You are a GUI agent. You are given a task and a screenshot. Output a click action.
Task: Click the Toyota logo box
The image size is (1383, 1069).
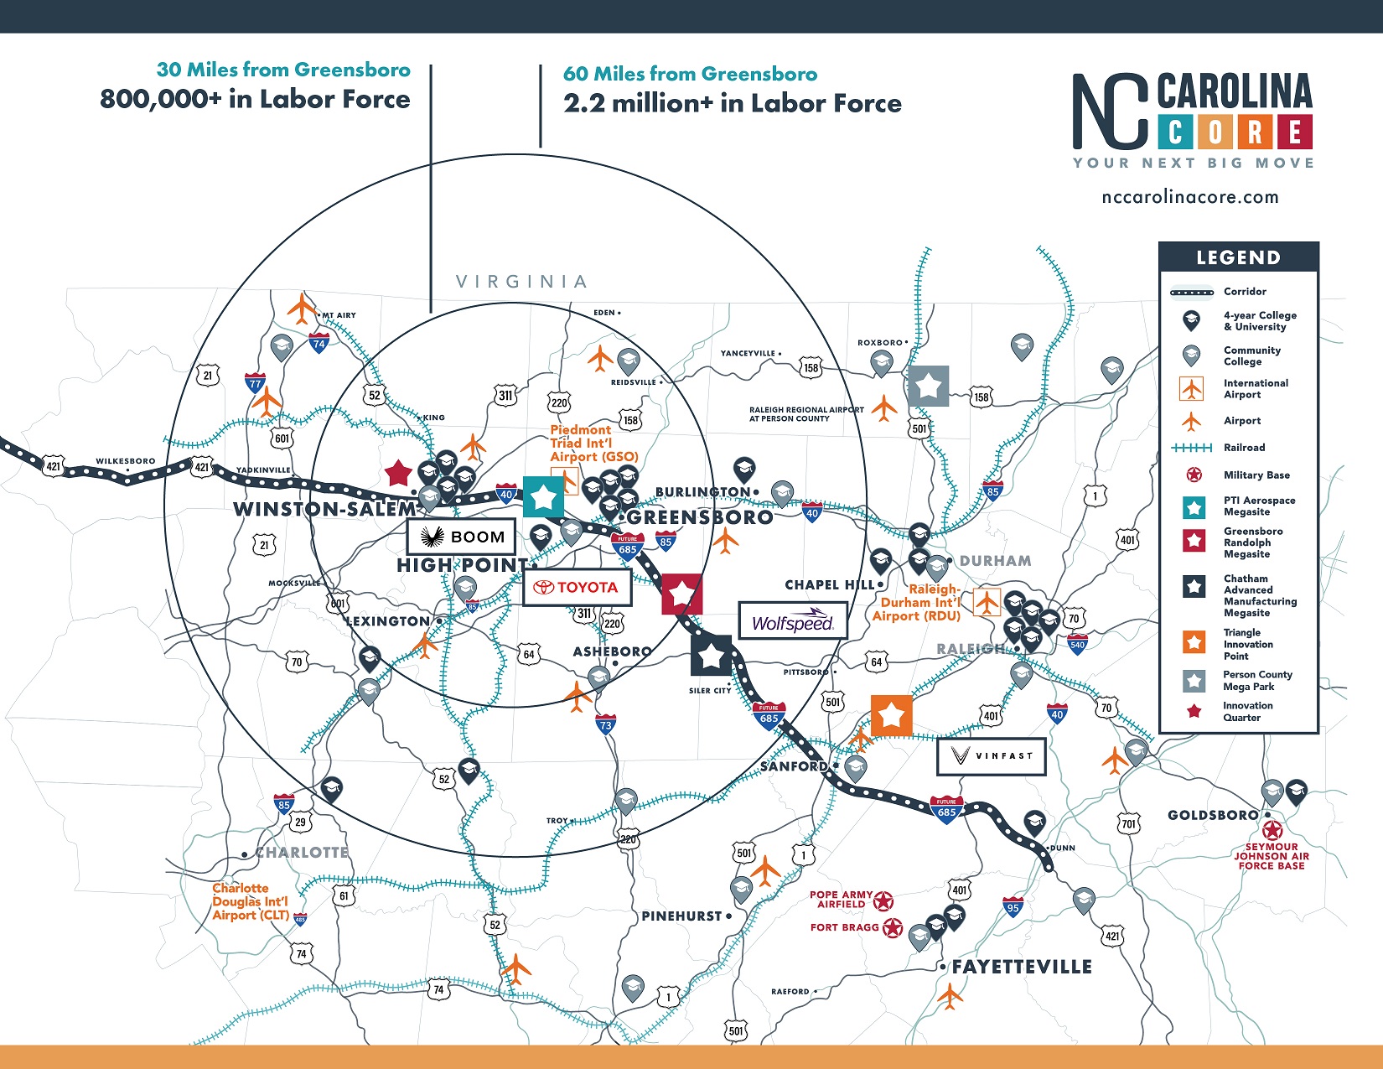pyautogui.click(x=577, y=588)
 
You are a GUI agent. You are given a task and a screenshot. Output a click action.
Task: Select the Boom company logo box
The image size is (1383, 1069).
pyautogui.click(x=461, y=537)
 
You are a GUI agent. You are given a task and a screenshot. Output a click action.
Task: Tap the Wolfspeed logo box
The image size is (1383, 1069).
pyautogui.click(x=792, y=621)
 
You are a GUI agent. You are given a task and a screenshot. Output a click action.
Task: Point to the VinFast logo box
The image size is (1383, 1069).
pyautogui.click(x=991, y=756)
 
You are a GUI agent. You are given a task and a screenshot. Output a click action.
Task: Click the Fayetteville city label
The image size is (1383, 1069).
pyautogui.click(x=1021, y=967)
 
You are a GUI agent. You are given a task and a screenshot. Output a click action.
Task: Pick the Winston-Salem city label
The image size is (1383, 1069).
pyautogui.click(x=324, y=509)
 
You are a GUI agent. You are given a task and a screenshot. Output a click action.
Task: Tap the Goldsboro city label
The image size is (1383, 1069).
pyautogui.click(x=1213, y=815)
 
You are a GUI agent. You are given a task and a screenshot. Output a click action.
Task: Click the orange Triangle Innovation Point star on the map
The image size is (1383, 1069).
pyautogui.click(x=891, y=715)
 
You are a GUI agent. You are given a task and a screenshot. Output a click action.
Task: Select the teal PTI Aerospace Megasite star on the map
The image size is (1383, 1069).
pyautogui.click(x=543, y=496)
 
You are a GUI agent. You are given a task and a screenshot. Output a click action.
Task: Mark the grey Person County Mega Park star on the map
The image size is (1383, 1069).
pyautogui.click(x=929, y=386)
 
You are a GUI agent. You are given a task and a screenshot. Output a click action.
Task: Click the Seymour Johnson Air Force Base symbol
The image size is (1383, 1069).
pyautogui.click(x=1272, y=831)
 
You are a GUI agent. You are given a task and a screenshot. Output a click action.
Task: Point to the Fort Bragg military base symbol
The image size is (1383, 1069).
pyautogui.click(x=893, y=928)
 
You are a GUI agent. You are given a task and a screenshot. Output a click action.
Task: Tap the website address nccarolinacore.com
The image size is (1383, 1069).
pyautogui.click(x=1190, y=198)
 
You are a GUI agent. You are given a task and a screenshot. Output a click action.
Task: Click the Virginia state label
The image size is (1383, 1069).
pyautogui.click(x=521, y=282)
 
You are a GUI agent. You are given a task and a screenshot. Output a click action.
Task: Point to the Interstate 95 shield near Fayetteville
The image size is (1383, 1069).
pyautogui.click(x=1013, y=906)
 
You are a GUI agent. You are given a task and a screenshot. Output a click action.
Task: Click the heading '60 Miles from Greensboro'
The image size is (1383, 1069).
pyautogui.click(x=690, y=74)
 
